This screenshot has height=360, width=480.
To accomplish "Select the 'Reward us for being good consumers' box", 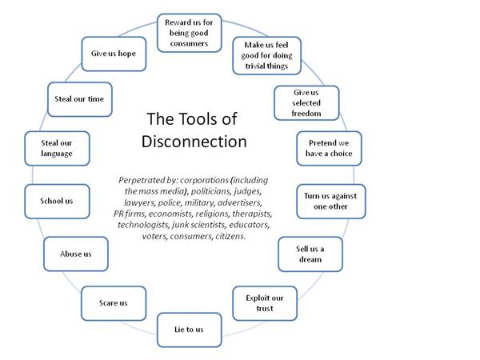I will (189, 32).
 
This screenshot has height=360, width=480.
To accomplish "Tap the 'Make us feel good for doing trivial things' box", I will (265, 55).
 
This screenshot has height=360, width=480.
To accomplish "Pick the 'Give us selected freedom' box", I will (306, 102).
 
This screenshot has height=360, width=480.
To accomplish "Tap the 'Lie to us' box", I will (189, 329).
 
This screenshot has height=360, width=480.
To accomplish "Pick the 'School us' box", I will (57, 201).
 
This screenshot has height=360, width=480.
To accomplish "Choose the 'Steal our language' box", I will (57, 148).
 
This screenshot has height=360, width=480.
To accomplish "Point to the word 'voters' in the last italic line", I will (155, 237).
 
